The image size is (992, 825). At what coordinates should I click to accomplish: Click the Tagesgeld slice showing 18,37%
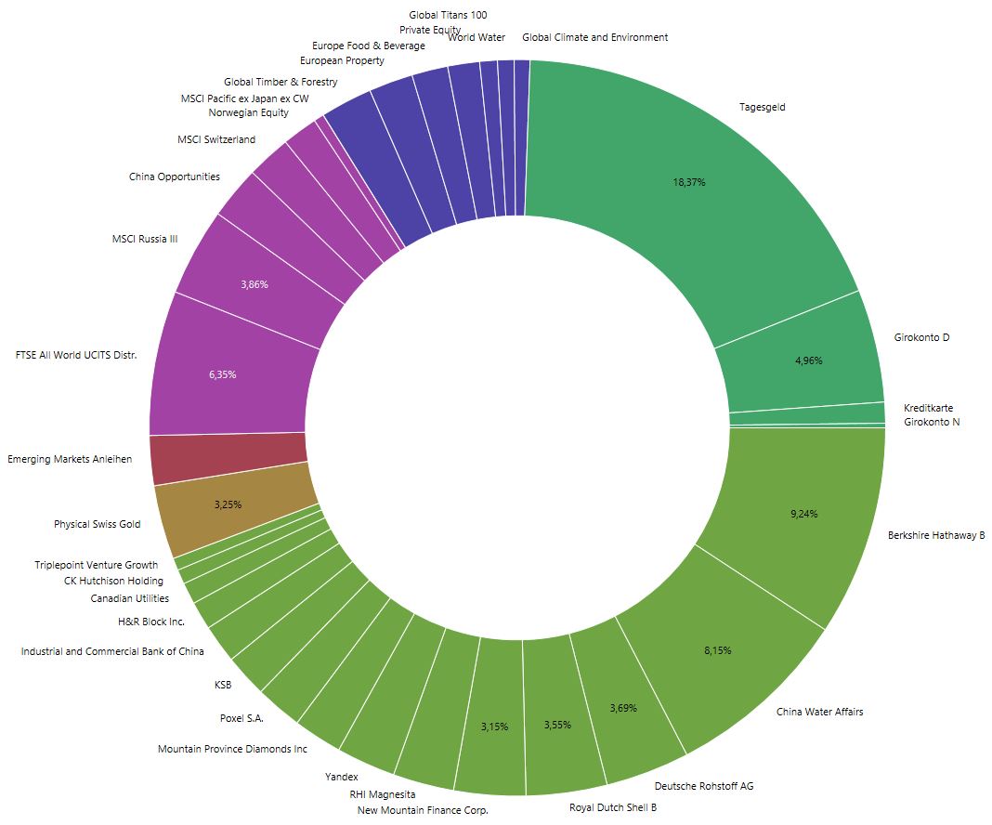pyautogui.click(x=688, y=183)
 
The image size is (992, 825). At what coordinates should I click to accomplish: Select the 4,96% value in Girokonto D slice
pyautogui.click(x=808, y=360)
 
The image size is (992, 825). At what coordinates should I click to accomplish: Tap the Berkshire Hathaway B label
pyautogui.click(x=935, y=535)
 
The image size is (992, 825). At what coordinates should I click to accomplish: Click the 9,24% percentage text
pyautogui.click(x=803, y=514)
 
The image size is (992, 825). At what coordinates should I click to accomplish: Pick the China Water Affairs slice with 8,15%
pyautogui.click(x=717, y=650)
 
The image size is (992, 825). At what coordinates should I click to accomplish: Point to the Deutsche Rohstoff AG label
pyautogui.click(x=703, y=786)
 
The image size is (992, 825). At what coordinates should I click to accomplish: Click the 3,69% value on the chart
pyautogui.click(x=623, y=708)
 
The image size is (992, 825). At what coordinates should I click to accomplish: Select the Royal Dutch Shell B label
pyautogui.click(x=612, y=807)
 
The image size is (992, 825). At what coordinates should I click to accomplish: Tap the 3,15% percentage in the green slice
pyautogui.click(x=494, y=727)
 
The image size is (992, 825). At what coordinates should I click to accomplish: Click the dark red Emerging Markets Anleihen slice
pyautogui.click(x=228, y=457)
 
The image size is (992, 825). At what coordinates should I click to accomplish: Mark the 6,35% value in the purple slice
pyautogui.click(x=222, y=374)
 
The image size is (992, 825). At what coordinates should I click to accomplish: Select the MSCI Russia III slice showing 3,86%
pyautogui.click(x=254, y=284)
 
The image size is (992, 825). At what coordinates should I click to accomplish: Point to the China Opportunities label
pyautogui.click(x=175, y=177)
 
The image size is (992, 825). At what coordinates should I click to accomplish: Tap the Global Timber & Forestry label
pyautogui.click(x=281, y=82)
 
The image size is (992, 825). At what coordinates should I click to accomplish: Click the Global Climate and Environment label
pyautogui.click(x=594, y=37)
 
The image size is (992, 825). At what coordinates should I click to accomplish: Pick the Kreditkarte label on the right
pyautogui.click(x=928, y=408)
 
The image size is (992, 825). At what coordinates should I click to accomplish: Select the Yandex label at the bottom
pyautogui.click(x=341, y=776)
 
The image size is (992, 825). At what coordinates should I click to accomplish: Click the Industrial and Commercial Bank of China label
pyautogui.click(x=112, y=651)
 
